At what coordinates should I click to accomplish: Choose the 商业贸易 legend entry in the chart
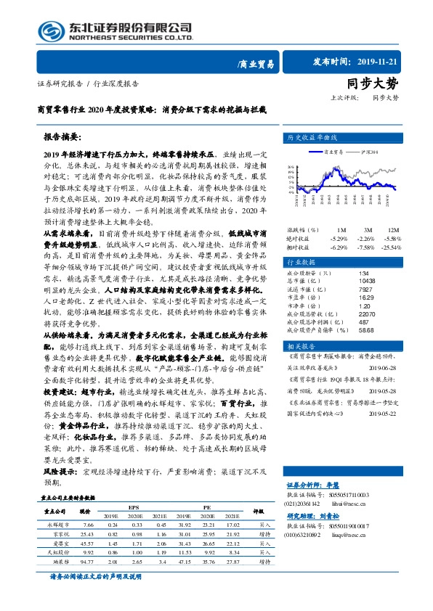[321, 152]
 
